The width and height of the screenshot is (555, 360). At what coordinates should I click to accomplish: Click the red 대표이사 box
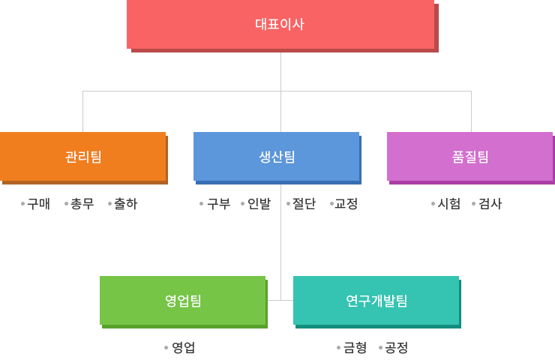[280, 24]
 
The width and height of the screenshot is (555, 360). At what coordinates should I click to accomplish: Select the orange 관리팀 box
[82, 156]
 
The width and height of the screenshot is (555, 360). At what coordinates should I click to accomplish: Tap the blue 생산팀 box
[276, 156]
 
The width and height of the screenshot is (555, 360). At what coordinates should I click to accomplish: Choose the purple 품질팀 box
[469, 156]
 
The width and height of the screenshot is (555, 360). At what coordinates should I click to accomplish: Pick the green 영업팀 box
[182, 300]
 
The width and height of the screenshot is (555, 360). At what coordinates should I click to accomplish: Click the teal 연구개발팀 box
[376, 300]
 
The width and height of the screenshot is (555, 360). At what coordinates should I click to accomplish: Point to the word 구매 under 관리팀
[38, 203]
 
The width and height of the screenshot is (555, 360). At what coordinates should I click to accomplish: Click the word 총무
[82, 203]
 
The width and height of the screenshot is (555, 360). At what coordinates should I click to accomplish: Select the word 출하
[125, 203]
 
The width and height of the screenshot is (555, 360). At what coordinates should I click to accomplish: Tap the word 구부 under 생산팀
[218, 203]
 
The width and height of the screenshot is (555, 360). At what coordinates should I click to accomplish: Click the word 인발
[259, 203]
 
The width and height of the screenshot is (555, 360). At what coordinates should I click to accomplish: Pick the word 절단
[304, 203]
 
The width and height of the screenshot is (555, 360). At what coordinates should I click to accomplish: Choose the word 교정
[346, 203]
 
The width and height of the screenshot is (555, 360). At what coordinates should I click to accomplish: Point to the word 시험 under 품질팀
[449, 203]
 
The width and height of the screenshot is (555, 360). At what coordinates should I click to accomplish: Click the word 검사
[490, 203]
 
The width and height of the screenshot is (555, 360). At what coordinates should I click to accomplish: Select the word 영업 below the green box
[183, 347]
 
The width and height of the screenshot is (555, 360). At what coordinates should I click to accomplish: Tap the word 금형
[355, 347]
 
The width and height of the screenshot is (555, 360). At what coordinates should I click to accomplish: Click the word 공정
[396, 347]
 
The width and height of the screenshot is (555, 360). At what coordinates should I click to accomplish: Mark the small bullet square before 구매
[23, 203]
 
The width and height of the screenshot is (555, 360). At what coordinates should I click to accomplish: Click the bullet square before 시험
[433, 203]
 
